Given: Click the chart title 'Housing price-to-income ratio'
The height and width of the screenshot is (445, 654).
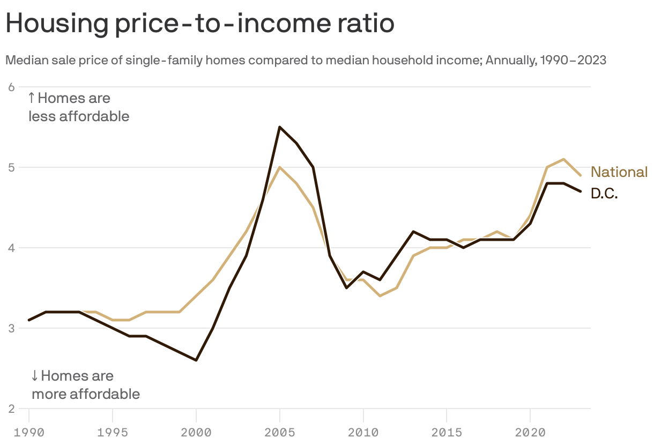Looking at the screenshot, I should (199, 24).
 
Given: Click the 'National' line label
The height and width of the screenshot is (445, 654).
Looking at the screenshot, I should (619, 172).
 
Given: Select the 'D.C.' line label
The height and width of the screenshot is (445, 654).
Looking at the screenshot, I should (604, 194).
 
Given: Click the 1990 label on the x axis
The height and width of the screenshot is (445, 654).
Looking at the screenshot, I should (29, 432).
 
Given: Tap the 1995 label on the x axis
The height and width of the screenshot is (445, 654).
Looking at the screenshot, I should (113, 432).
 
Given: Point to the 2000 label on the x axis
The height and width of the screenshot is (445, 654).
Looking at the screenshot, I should (196, 432).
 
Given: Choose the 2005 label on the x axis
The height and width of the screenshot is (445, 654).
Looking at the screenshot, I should (279, 432).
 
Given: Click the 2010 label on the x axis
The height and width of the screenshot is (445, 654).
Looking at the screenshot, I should (363, 432).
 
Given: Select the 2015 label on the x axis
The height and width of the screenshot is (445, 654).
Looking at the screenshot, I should (447, 432).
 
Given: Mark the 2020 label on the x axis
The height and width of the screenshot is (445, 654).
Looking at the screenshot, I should (530, 432).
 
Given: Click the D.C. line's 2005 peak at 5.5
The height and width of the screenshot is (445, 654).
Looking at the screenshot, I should (280, 127).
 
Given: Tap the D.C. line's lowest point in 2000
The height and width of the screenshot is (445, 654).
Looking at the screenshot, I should (196, 360).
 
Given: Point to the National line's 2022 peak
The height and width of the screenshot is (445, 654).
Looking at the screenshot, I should (563, 159).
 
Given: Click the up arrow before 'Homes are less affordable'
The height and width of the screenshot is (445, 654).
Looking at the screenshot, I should (32, 98).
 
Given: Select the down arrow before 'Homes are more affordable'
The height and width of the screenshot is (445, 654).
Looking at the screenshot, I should (35, 375).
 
